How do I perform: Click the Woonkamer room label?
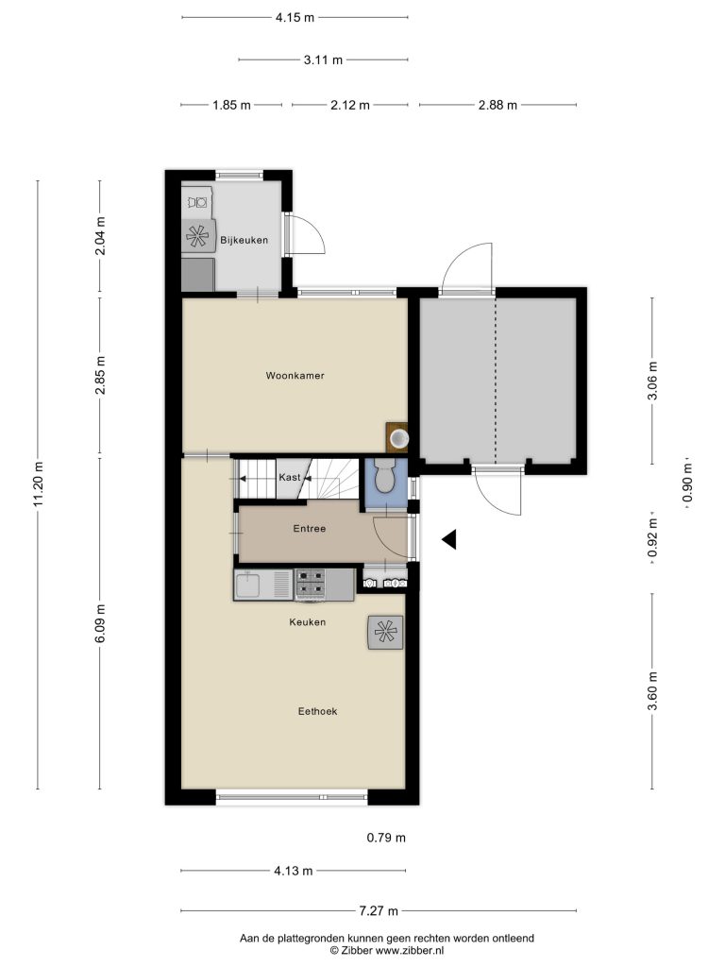295,376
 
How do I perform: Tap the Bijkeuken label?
244,241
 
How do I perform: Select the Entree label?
310,529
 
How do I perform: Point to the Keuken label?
307,622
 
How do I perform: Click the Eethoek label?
317,711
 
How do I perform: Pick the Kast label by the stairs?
290,477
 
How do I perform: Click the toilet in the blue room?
385,475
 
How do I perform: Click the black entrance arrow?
448,539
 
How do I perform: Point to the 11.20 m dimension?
38,484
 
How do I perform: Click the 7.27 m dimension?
379,910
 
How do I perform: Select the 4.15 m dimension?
295,17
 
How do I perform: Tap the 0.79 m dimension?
386,838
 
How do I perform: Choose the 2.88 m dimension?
497,105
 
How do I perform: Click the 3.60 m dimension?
652,690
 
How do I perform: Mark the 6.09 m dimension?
100,623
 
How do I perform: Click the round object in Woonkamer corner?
399,438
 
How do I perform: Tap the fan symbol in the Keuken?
385,632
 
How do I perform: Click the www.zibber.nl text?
410,951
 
